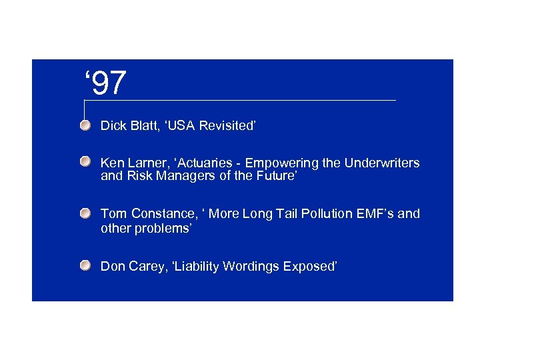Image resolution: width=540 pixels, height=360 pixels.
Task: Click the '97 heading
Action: pos(105,83)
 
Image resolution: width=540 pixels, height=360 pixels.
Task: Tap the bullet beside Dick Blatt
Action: pos(85,125)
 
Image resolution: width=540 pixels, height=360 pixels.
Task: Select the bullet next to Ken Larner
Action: pos(85,163)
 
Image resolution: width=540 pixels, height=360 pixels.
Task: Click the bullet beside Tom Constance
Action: pos(85,213)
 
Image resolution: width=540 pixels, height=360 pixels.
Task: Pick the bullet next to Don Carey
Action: pos(85,266)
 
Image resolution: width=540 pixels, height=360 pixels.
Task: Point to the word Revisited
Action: pos(229,125)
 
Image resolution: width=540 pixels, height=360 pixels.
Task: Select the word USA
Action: pos(181,125)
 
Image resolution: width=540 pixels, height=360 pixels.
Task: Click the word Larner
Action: pos(141,163)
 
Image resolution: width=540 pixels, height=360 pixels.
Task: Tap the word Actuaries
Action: pos(197,163)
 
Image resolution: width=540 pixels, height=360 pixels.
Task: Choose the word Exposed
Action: pos(310,267)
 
